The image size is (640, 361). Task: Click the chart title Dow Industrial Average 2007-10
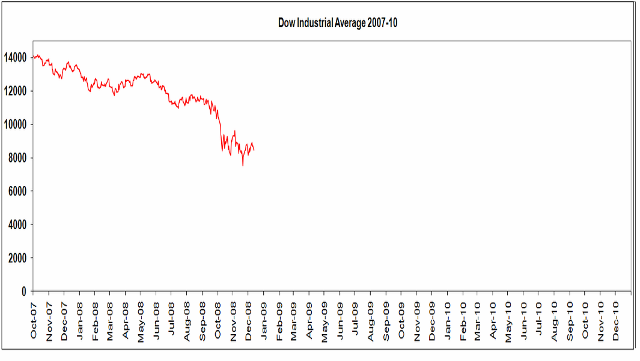click(338, 23)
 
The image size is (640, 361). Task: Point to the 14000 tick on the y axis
click(15, 58)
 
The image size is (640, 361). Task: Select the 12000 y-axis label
click(15, 91)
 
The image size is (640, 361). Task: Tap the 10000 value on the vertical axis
click(15, 125)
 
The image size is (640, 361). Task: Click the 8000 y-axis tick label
click(17, 158)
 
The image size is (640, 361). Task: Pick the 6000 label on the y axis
click(17, 191)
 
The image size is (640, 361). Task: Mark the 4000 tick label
click(17, 225)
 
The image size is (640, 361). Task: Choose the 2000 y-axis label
click(17, 258)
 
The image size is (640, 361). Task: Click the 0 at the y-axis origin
click(24, 291)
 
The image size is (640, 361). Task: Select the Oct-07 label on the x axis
click(34, 321)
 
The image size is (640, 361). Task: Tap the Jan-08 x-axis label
click(79, 321)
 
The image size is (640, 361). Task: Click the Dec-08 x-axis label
click(248, 321)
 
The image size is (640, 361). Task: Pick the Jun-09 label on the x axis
click(340, 321)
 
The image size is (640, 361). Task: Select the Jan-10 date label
click(447, 321)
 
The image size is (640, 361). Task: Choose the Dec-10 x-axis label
click(615, 321)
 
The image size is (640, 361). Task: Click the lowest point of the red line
click(243, 165)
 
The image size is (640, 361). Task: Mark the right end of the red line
click(254, 151)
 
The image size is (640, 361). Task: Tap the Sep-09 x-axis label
click(386, 321)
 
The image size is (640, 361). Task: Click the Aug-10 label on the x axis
click(554, 321)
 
